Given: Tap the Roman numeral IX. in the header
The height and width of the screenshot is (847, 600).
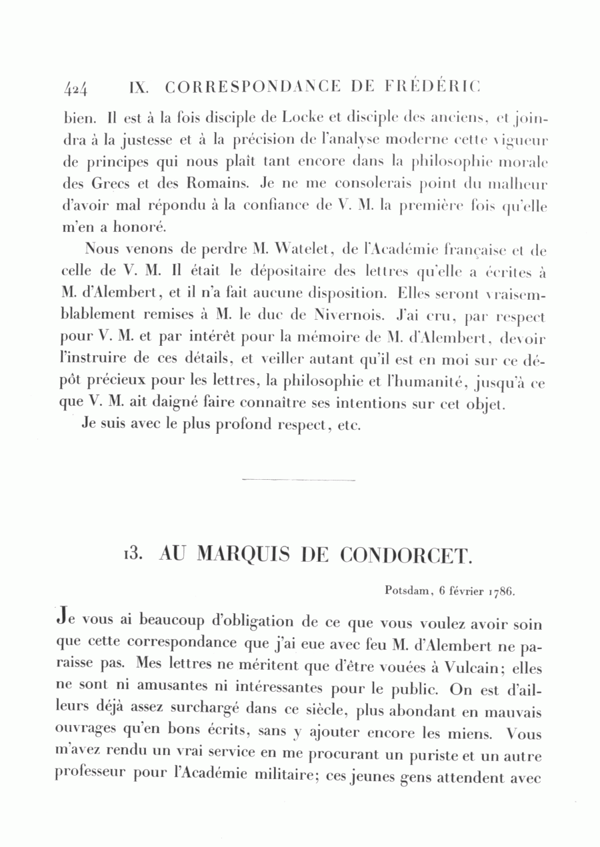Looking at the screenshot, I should [137, 87].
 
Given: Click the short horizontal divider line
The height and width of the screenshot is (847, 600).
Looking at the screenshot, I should [297, 479].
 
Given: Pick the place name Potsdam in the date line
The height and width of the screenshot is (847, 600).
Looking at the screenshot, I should [408, 590].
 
